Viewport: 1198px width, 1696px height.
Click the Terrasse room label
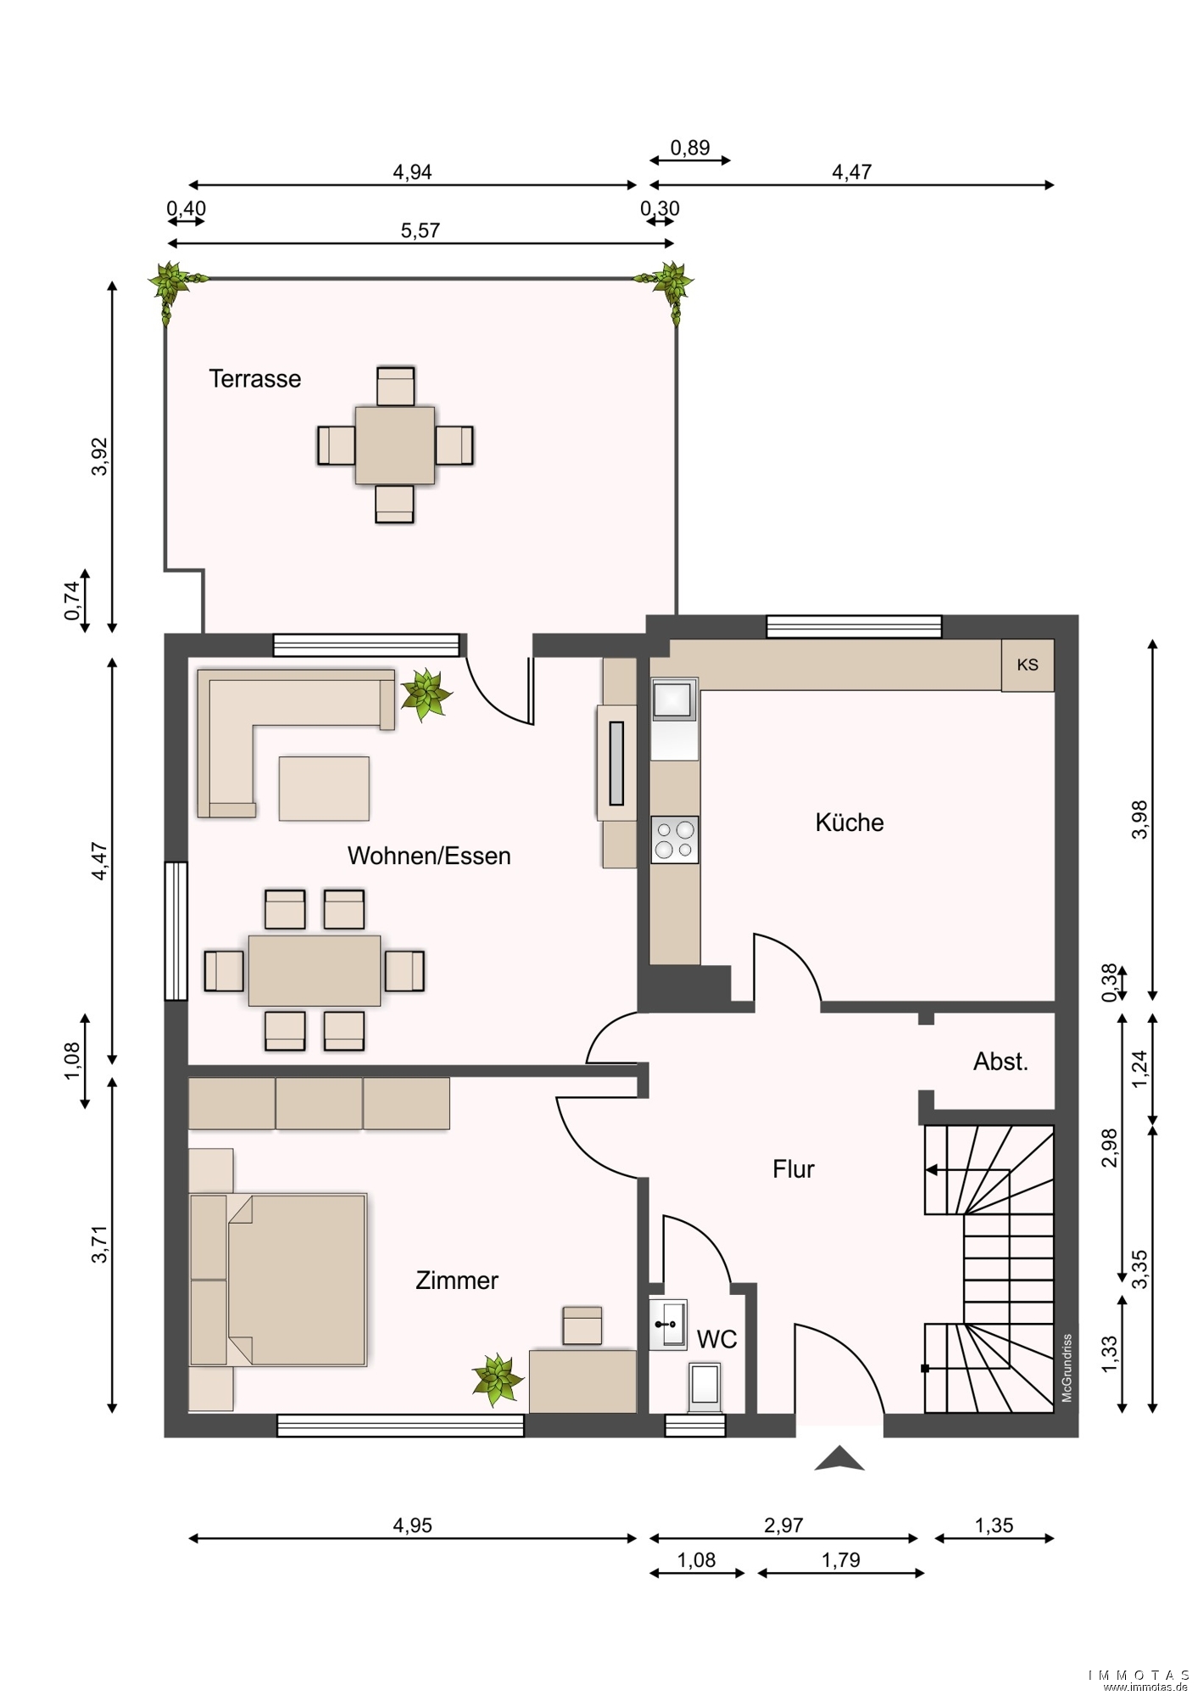(x=254, y=378)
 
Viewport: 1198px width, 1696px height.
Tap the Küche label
(x=850, y=823)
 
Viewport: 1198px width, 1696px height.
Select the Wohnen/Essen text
(x=429, y=856)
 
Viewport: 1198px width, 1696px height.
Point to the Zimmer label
(x=457, y=1280)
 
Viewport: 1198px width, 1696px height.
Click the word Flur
(x=794, y=1169)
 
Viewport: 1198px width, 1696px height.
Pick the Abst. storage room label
(x=1000, y=1062)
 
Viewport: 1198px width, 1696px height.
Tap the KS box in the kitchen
(x=1028, y=665)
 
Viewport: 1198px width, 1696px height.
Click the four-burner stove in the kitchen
(x=675, y=840)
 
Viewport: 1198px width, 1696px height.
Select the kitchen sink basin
(x=674, y=700)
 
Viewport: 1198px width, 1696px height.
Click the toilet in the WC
(x=705, y=1388)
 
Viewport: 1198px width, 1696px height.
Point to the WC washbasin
(x=668, y=1324)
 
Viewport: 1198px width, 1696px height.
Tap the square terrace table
(x=395, y=445)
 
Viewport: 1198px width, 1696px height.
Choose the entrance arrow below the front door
(x=839, y=1459)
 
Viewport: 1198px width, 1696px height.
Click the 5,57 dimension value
(x=421, y=231)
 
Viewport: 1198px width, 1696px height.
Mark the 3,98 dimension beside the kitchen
(x=1140, y=820)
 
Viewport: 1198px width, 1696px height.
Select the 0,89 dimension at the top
(x=690, y=148)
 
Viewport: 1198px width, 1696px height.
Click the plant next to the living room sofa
(x=426, y=695)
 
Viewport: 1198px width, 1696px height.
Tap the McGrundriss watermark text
(x=1067, y=1368)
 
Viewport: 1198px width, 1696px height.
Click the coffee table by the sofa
(x=324, y=789)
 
